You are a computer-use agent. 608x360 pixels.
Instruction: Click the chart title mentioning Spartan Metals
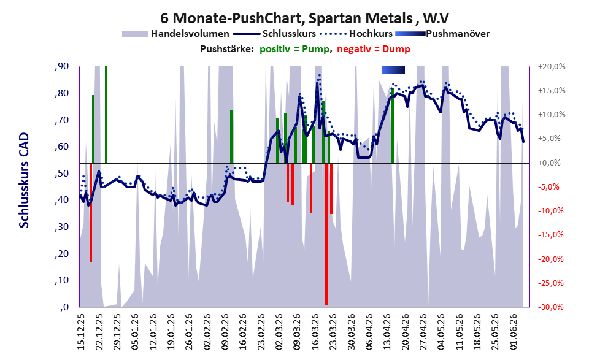click(304, 18)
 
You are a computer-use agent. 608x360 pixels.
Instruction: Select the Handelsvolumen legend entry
click(175, 34)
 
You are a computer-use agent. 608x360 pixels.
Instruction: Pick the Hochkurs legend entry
click(356, 34)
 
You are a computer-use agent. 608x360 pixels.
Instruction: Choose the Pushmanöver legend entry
click(442, 34)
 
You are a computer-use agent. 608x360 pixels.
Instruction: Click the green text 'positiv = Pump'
click(295, 49)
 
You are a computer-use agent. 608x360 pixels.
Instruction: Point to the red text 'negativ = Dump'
click(374, 49)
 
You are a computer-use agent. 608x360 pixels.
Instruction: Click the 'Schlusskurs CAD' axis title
click(24, 180)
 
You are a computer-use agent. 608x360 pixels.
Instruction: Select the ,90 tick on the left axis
click(61, 66)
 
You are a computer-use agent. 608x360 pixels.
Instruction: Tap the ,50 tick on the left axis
click(61, 174)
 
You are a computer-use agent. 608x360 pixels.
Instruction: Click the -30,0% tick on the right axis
click(550, 307)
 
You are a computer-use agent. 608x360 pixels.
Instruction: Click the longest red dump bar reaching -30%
click(326, 234)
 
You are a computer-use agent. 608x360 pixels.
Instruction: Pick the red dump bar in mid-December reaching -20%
click(91, 212)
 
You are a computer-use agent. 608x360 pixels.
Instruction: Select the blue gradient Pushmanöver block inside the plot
click(393, 70)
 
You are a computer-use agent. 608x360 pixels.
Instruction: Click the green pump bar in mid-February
click(231, 136)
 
